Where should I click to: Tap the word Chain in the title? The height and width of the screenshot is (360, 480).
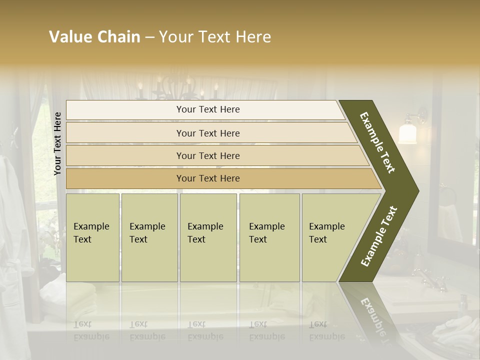pos(118,37)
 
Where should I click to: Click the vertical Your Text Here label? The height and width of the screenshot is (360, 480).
pos(58,144)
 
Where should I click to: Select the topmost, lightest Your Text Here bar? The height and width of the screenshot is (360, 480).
pos(207,109)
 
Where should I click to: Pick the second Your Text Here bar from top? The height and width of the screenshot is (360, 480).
pos(207,133)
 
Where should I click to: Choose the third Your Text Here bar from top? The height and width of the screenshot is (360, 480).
pos(207,155)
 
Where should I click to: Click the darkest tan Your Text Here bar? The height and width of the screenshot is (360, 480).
pos(207,178)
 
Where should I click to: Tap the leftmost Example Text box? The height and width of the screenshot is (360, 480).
pos(92,237)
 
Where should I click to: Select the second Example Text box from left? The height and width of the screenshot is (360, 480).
pos(149,237)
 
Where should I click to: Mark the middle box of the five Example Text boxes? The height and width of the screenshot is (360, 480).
pos(208,237)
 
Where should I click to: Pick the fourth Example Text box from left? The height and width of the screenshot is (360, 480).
pos(269,237)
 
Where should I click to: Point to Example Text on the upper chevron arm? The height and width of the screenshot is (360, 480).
pos(377,143)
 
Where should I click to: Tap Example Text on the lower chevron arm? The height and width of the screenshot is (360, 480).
pos(379,236)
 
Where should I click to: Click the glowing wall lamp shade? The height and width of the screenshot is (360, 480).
pos(408,133)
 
